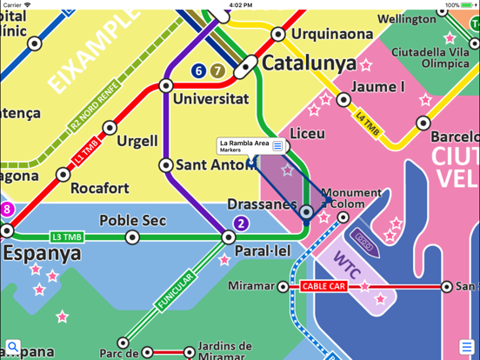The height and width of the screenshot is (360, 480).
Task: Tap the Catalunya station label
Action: [309, 63]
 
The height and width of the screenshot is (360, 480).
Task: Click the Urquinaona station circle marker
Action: [278, 35]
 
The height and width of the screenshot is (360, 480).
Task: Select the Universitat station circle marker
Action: [166, 86]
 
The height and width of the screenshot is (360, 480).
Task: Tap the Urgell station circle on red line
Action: [110, 129]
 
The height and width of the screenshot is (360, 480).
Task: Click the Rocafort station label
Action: [99, 188]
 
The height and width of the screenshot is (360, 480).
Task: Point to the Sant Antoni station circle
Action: [166, 165]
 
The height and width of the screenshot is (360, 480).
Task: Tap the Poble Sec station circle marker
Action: [132, 237]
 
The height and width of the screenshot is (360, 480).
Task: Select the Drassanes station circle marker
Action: [306, 211]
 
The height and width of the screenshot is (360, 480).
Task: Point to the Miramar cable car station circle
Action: [283, 286]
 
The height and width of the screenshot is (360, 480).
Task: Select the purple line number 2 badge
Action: [242, 223]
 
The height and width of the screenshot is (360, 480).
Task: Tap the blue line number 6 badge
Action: [198, 70]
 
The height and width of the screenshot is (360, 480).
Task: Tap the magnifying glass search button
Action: [12, 348]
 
